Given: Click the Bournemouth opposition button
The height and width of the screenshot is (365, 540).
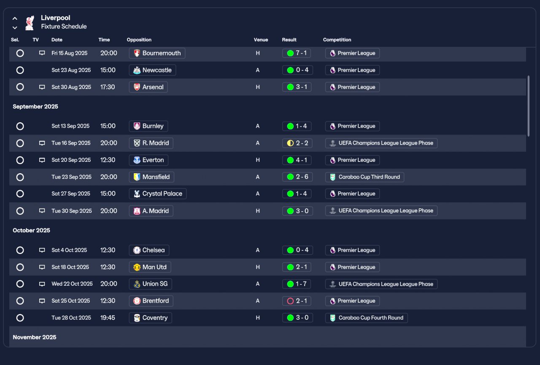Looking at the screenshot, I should click(x=157, y=53).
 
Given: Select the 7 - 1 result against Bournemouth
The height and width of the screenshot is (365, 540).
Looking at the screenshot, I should click(x=297, y=53).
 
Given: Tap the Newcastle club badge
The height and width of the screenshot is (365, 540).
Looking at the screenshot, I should click(x=137, y=70).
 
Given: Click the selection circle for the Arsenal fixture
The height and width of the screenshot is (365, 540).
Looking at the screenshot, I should click(x=20, y=87).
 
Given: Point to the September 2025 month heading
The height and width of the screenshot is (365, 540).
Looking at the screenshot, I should click(x=35, y=107).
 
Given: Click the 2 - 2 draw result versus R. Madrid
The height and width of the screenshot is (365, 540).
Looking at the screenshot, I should click(x=297, y=143).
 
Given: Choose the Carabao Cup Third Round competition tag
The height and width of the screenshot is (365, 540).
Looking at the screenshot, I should click(x=364, y=177).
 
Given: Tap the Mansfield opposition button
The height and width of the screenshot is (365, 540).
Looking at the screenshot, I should click(x=152, y=177).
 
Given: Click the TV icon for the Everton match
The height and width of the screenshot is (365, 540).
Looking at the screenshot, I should click(x=42, y=160).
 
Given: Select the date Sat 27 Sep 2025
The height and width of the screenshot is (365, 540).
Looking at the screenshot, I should click(x=71, y=194).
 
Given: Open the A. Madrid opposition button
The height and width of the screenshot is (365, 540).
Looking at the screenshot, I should click(x=151, y=211).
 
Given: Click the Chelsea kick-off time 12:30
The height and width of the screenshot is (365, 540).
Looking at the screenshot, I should click(x=108, y=250).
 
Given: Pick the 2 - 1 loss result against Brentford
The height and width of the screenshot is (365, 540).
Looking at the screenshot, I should click(x=297, y=301).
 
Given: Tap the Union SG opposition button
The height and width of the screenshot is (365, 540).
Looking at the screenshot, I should click(x=150, y=284).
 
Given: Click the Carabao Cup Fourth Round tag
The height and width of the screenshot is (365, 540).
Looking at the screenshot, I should click(x=366, y=318).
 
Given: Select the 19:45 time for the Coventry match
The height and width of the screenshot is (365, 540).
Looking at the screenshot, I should click(x=108, y=318).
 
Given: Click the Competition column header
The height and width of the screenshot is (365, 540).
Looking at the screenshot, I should click(x=337, y=40).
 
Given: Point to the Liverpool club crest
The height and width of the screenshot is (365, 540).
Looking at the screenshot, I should click(x=30, y=23).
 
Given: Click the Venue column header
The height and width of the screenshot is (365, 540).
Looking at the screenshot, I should click(x=261, y=40).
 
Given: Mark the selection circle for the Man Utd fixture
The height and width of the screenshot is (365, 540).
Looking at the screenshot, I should click(x=20, y=267).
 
